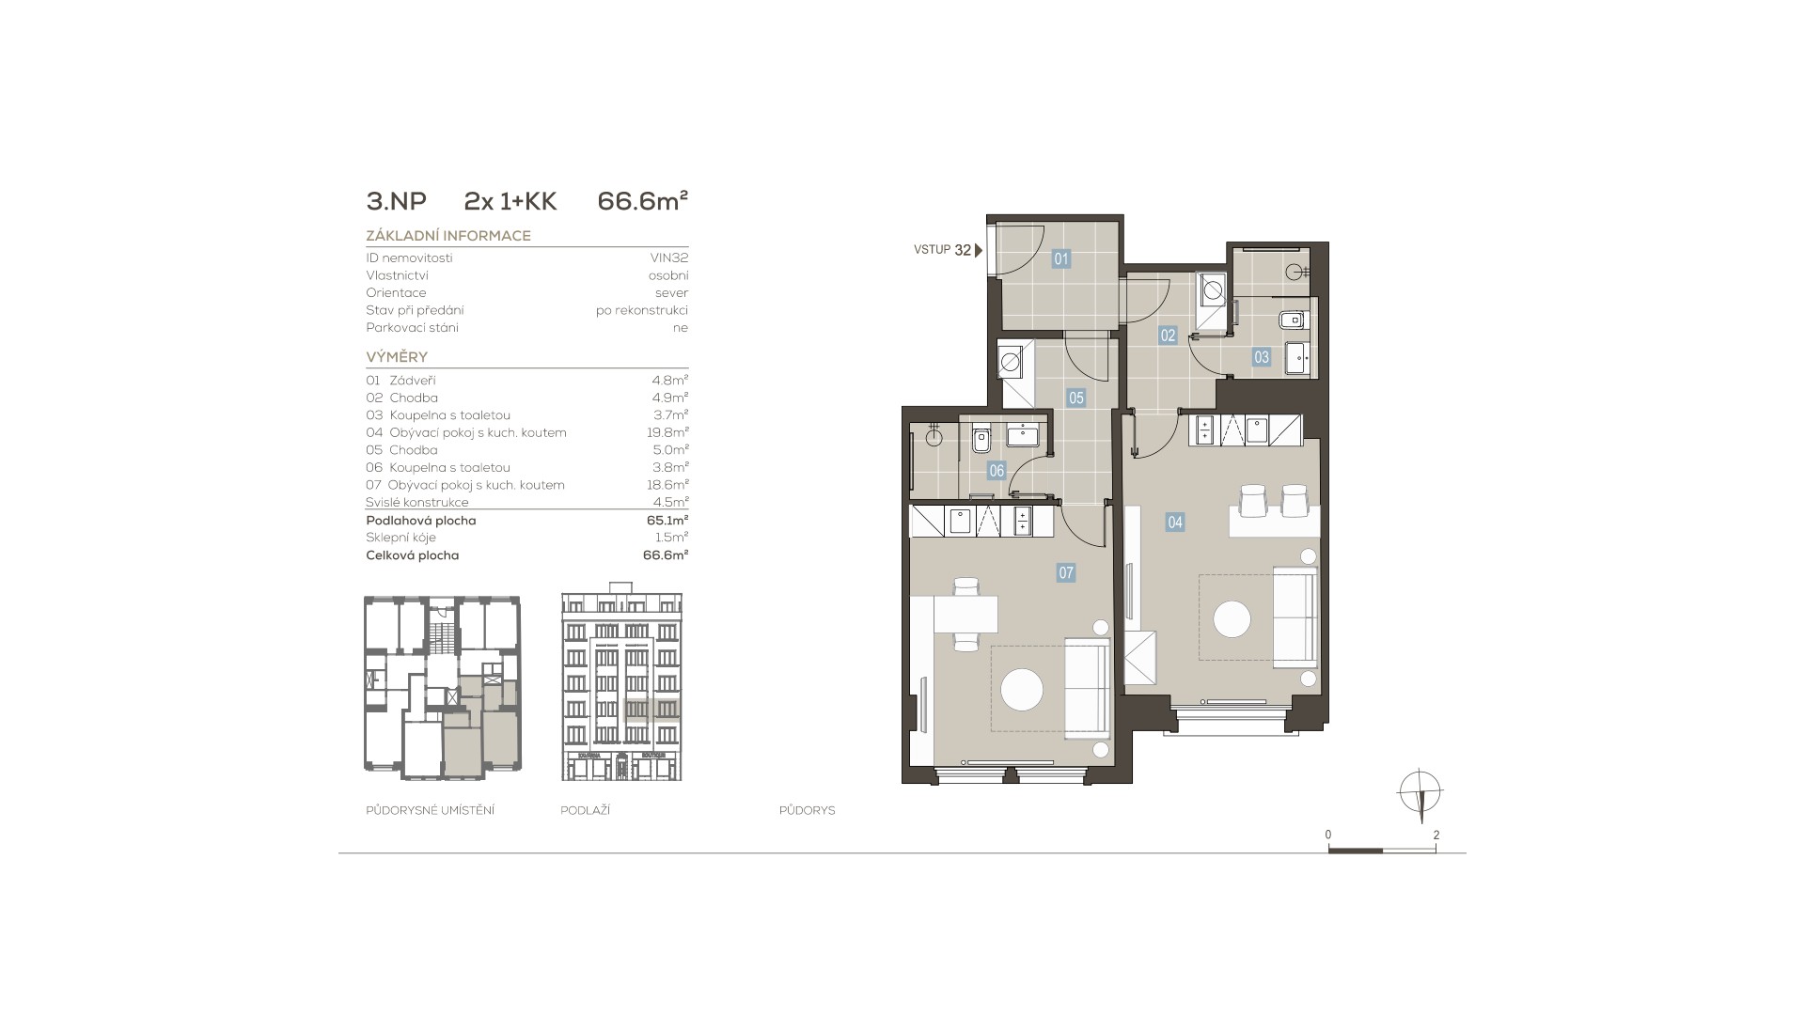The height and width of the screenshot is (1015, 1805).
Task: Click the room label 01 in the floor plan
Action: (x=1061, y=259)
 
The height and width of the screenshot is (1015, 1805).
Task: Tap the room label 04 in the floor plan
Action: (x=1175, y=523)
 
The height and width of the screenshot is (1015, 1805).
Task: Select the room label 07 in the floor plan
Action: (x=1065, y=572)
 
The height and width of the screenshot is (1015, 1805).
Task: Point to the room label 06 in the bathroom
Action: (x=997, y=471)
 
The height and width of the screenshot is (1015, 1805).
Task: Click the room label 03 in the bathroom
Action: (x=1262, y=357)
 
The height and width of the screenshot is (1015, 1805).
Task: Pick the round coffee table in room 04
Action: (x=1232, y=619)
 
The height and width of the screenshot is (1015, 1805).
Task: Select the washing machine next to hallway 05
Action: (x=1012, y=361)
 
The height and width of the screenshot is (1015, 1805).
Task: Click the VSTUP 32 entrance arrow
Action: (x=979, y=250)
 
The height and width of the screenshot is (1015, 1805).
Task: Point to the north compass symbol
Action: (x=1420, y=791)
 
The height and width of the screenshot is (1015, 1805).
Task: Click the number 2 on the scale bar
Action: (x=1436, y=835)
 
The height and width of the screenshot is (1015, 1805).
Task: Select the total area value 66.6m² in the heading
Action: (x=643, y=201)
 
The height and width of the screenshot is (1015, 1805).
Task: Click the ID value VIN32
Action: (x=669, y=258)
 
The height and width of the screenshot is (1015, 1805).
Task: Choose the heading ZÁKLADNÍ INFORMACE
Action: (x=448, y=236)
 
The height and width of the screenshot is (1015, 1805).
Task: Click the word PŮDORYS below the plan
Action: (x=807, y=810)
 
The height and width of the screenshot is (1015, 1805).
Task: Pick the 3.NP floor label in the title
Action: (x=396, y=201)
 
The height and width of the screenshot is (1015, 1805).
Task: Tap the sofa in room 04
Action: (x=1295, y=617)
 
